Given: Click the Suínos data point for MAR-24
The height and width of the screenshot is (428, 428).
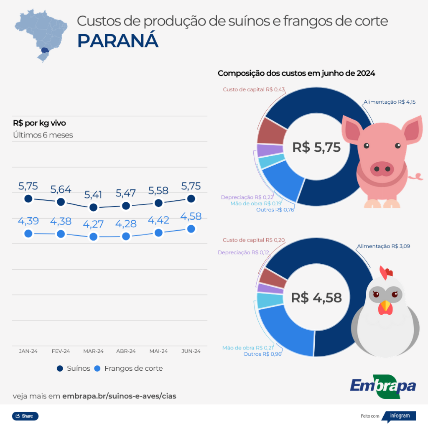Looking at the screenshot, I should pos(93,207).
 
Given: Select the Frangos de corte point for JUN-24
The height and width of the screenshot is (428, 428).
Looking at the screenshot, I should pos(191,229).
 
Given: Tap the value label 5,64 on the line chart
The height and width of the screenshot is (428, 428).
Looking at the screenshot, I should pos(61,189).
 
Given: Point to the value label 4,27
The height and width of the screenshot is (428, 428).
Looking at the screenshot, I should pos(93,224).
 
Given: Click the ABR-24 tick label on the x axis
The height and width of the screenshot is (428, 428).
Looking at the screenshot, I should pos(126,351).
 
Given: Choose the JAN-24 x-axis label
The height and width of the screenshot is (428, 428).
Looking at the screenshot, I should pos(28,351).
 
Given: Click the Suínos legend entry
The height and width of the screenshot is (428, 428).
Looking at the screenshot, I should pos(74,368).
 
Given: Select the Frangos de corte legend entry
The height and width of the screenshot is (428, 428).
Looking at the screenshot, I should pos(128,368).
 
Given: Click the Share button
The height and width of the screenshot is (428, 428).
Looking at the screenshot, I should pos(25,416).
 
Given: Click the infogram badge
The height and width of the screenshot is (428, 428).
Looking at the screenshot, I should pos(400,416).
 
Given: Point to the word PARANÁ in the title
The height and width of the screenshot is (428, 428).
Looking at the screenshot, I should pos(118,41).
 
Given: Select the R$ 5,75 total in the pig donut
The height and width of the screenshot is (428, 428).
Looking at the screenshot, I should pos(316,147).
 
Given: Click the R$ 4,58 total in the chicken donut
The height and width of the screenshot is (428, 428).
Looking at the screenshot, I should pos(316,298).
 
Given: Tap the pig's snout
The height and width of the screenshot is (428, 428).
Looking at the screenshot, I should pos(382,169).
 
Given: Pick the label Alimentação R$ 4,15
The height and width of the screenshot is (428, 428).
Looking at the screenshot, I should pos(390,102).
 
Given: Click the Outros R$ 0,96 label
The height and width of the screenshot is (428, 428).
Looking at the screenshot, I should pos(262,354).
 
